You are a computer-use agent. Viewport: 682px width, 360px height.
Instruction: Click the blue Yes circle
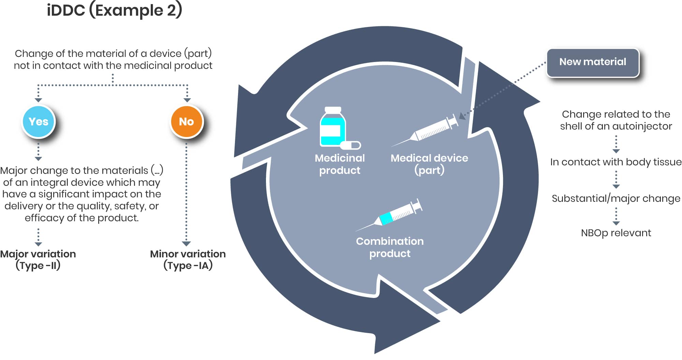point(39,121)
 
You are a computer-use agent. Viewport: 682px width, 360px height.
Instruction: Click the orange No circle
point(186,121)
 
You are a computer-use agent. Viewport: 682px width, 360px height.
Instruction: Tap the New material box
point(593,62)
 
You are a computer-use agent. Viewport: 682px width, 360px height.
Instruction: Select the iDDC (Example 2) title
point(115,10)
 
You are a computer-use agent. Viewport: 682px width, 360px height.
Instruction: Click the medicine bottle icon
point(333,126)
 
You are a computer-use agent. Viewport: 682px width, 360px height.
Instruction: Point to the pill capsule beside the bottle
point(351,145)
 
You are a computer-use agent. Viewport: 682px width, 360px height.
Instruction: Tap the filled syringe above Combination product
point(389,215)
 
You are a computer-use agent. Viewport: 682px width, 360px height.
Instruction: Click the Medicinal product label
point(340,164)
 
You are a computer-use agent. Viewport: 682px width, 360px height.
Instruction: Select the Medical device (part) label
point(429,164)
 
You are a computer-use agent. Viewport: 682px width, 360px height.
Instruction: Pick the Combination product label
point(390,247)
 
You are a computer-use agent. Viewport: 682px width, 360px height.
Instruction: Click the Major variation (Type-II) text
point(38,259)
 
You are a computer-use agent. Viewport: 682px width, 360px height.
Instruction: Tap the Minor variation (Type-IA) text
point(188,259)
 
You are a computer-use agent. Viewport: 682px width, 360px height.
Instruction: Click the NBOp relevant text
point(616,233)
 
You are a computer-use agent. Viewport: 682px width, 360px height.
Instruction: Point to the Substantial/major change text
point(616,198)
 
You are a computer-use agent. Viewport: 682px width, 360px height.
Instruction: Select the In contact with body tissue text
point(616,162)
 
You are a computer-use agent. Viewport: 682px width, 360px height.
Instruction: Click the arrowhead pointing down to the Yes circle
point(38,100)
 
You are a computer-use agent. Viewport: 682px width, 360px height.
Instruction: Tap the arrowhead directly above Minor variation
point(186,243)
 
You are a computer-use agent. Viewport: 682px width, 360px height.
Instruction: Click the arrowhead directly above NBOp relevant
point(616,223)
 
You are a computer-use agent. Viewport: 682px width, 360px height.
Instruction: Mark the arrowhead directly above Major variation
point(38,244)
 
